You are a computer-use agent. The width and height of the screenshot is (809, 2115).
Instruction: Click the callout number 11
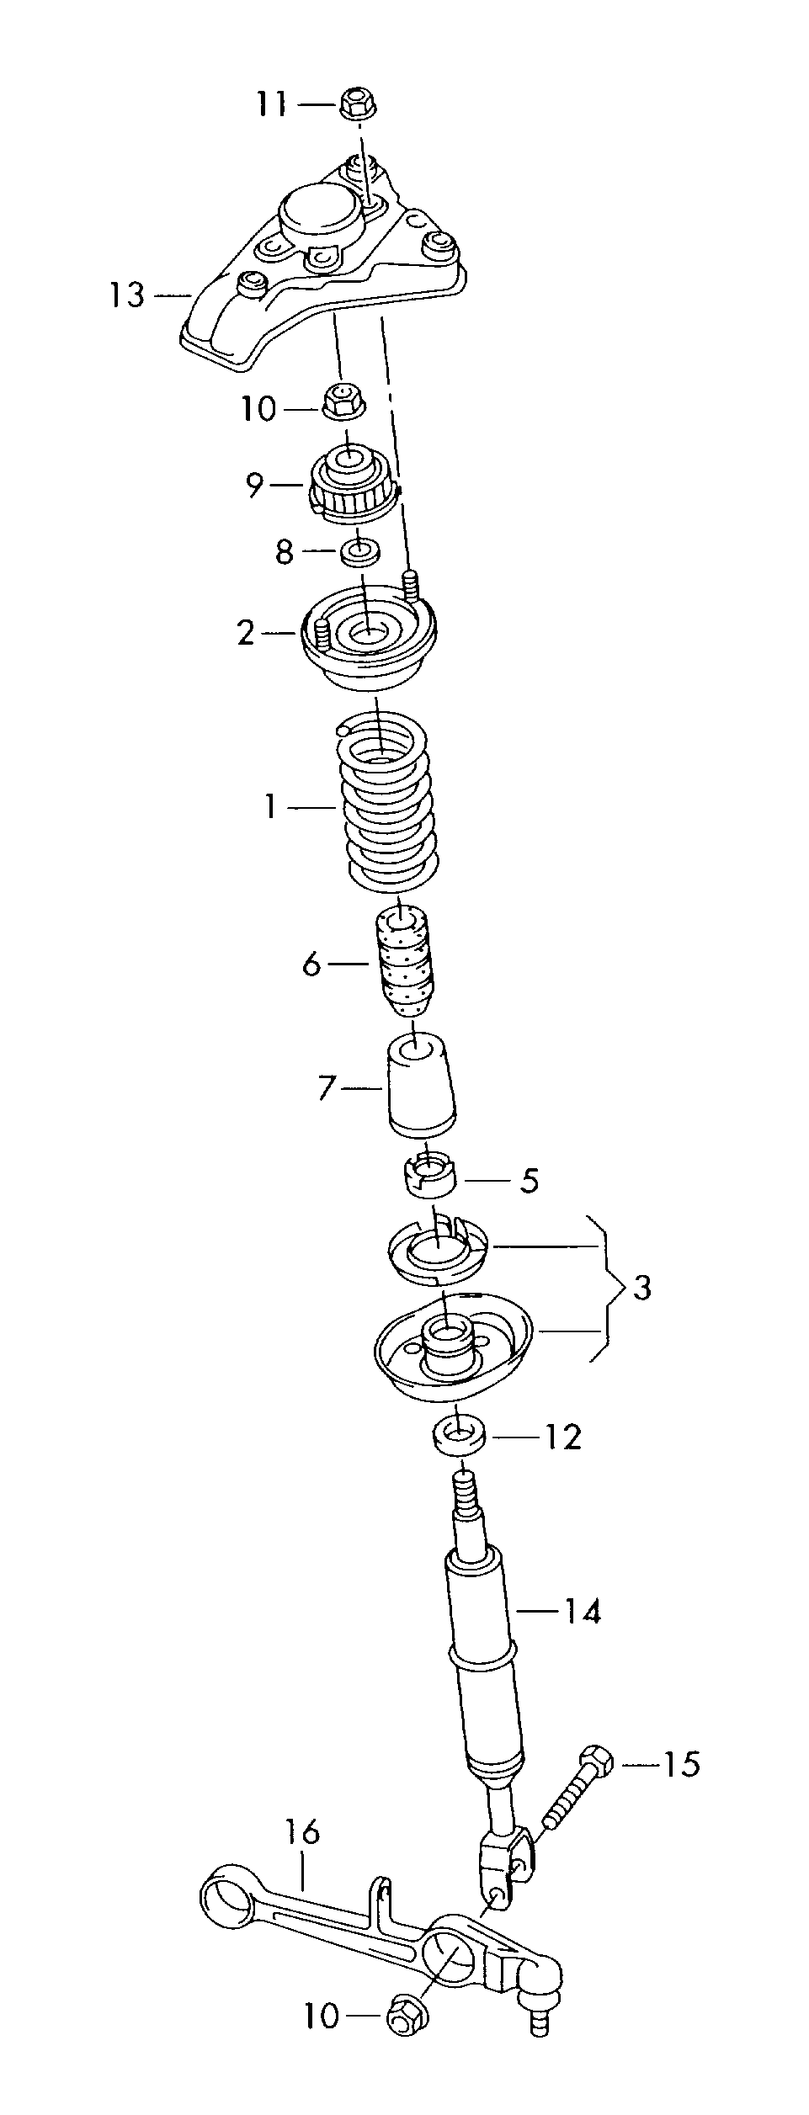pyautogui.click(x=271, y=105)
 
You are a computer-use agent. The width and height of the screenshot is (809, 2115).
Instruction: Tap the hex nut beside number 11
pyautogui.click(x=359, y=104)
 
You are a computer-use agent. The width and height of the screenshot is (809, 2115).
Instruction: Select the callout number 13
pyautogui.click(x=126, y=295)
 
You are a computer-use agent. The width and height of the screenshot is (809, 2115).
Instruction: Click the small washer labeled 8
pyautogui.click(x=359, y=553)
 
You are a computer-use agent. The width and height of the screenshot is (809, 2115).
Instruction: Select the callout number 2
pyautogui.click(x=245, y=633)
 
